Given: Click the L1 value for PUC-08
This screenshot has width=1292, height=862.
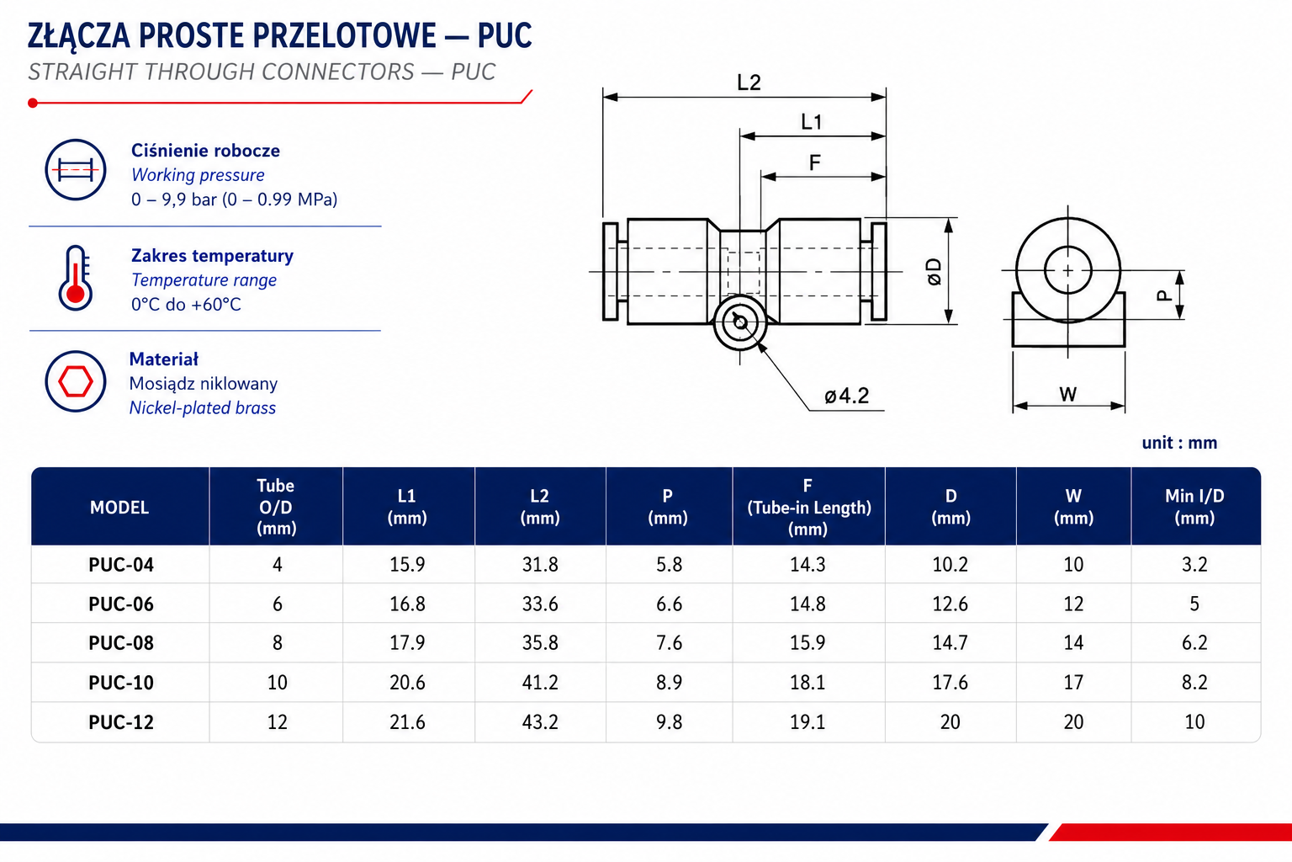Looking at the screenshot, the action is point(407,642).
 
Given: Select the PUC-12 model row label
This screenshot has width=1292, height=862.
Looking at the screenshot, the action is point(121,721).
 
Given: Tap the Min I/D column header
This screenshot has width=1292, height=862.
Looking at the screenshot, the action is point(1194,507).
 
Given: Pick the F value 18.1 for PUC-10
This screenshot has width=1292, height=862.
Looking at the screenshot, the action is point(807,683).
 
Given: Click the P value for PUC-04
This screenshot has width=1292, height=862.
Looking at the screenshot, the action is point(669,564).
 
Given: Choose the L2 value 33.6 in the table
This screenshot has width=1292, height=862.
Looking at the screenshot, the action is point(540,604).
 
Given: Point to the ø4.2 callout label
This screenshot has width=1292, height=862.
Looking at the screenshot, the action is point(846,396).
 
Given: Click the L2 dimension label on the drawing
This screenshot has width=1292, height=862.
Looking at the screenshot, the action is point(749,82).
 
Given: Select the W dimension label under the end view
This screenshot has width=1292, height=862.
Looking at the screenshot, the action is point(1067,394).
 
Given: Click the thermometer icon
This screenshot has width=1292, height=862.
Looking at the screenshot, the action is point(76,279).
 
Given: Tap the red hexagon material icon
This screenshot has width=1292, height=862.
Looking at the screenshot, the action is point(76,381).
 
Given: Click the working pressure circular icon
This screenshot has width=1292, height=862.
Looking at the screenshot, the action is point(76,170).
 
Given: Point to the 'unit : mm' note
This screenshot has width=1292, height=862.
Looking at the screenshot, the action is point(1179,443).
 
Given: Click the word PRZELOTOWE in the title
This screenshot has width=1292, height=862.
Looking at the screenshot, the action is point(344,36).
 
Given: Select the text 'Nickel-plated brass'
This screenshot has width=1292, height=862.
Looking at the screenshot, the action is point(203,407).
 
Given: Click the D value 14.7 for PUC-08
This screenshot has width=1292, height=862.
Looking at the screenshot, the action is point(950,642).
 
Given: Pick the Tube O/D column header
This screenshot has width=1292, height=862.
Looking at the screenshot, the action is point(276,507).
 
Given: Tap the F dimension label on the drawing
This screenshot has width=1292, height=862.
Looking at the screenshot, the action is point(814,162).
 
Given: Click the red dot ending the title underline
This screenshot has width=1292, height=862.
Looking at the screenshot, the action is point(33,104).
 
